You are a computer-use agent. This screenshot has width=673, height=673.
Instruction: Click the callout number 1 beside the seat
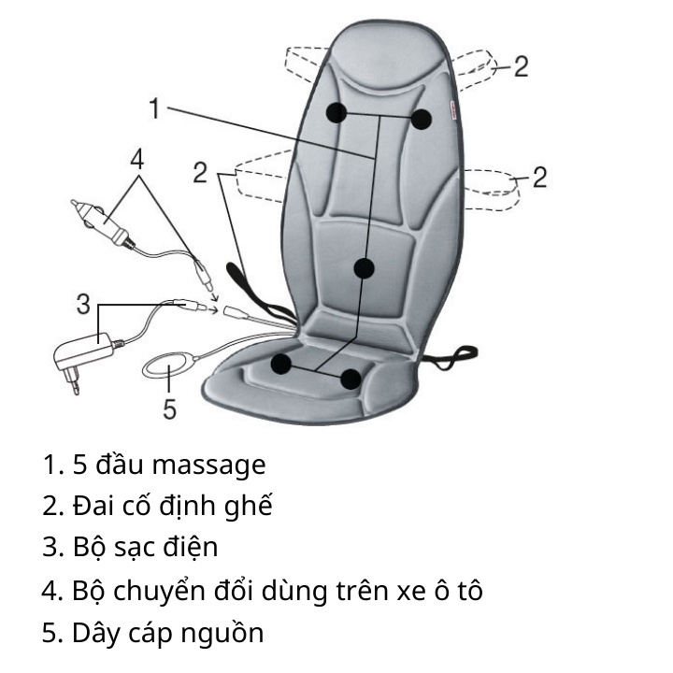(x=155, y=108)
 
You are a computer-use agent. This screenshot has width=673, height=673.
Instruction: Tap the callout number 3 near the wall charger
(x=83, y=304)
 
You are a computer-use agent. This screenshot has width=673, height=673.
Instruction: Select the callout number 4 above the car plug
(x=137, y=160)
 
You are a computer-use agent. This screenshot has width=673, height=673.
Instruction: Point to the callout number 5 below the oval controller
(x=170, y=408)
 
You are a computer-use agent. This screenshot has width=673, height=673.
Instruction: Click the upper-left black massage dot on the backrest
(x=336, y=112)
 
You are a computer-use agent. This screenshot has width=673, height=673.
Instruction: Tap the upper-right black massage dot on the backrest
(x=421, y=119)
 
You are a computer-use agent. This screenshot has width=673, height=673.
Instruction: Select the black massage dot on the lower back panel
(x=364, y=268)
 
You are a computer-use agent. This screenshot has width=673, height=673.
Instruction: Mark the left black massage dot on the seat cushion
(x=281, y=364)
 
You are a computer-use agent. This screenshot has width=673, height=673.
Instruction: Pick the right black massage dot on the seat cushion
(x=351, y=379)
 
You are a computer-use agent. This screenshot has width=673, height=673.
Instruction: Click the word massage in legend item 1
(x=209, y=465)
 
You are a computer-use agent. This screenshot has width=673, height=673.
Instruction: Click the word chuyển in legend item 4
(x=159, y=591)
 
